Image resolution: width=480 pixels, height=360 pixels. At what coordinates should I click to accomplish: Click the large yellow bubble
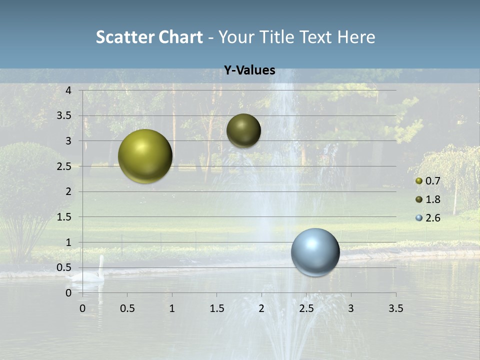(145, 156)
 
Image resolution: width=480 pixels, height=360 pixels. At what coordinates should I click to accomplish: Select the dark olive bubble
(243, 130)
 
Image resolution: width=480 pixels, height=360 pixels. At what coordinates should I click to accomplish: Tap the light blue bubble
(315, 252)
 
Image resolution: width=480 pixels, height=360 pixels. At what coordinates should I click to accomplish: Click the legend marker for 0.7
(419, 181)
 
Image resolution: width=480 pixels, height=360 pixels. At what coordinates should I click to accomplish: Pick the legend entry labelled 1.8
(432, 199)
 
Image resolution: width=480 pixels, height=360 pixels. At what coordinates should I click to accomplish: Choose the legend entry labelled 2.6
(432, 218)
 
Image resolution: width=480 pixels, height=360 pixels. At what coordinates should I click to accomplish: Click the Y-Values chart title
(249, 70)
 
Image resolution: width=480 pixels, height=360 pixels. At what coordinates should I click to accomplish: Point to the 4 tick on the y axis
(69, 90)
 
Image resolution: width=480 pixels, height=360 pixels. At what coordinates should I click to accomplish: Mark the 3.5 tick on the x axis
(395, 308)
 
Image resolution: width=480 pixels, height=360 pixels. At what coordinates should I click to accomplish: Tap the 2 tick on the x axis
(261, 308)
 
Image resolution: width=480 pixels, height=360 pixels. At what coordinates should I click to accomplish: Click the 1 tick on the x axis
(172, 308)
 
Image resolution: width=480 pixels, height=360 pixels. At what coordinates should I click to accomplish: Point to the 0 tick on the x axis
(82, 308)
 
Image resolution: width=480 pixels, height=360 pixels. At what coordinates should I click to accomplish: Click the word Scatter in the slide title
(124, 37)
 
